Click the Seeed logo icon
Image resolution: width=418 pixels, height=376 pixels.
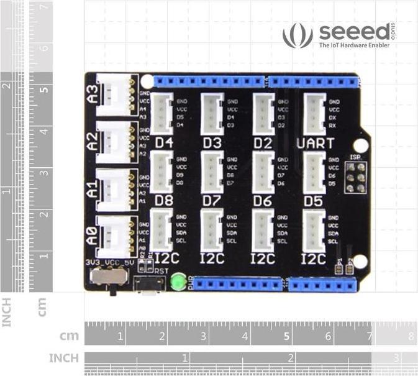(298, 35)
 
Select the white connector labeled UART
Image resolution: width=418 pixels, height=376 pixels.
(314, 113)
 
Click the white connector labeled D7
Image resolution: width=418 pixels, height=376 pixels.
(212, 172)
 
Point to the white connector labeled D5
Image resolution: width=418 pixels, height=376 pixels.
(314, 172)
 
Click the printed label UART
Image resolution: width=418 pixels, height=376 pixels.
(315, 144)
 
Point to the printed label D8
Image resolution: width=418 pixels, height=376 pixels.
(164, 201)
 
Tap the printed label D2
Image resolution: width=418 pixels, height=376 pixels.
(263, 144)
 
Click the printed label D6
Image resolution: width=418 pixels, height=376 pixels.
(263, 201)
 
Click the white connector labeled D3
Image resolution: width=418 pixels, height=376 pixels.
(212, 113)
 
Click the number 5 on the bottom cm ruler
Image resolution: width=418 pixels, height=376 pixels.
(286, 337)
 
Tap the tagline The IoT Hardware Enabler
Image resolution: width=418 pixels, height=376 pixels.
(354, 45)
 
